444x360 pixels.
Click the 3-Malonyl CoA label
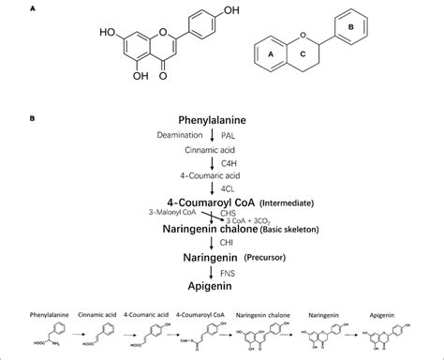pos(166,213)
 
